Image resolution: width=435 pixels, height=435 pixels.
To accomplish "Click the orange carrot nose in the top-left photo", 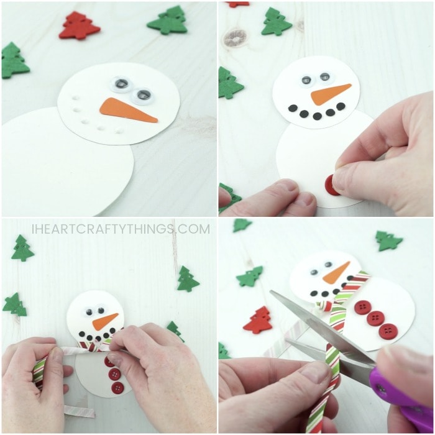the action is click(x=126, y=110).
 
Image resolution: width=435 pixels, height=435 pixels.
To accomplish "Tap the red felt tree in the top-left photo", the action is click(x=80, y=25).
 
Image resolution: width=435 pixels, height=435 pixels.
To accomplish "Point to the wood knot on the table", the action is click(x=236, y=38).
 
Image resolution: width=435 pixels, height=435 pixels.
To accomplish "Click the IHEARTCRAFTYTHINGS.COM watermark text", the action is click(x=121, y=229).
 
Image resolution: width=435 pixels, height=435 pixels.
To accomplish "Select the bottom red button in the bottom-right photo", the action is click(x=388, y=331).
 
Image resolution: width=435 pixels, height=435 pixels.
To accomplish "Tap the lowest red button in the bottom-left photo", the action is click(x=118, y=388).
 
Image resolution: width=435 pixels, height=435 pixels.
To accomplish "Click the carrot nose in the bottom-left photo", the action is click(x=105, y=321).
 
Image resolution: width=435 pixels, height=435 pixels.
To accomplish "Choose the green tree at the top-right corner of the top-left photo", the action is click(x=168, y=21).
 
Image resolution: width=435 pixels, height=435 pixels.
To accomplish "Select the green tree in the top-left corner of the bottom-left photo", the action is click(x=22, y=248).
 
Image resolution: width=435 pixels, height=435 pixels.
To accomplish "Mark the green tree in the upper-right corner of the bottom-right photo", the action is click(x=388, y=240).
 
